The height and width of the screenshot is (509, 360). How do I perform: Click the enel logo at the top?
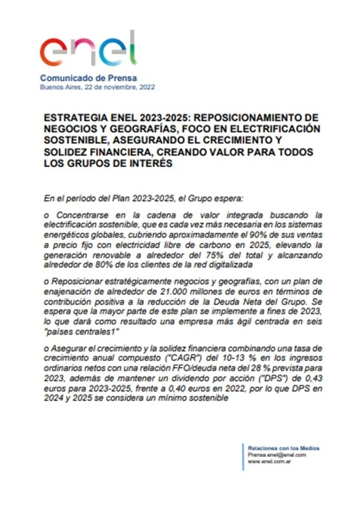pyautogui.click(x=87, y=51)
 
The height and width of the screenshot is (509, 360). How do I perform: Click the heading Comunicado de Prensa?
pyautogui.click(x=88, y=78)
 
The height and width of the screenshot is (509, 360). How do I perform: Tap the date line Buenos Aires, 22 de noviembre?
pyautogui.click(x=97, y=87)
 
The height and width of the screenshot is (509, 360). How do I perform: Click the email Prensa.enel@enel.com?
pyautogui.click(x=276, y=455)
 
